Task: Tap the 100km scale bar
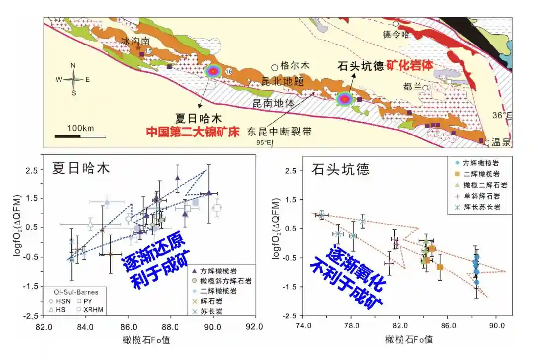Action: (x=80, y=135)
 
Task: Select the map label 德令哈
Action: (x=396, y=34)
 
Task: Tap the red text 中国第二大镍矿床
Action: (x=192, y=133)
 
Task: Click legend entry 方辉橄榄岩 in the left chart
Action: (x=224, y=270)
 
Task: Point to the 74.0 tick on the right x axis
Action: (x=303, y=326)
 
